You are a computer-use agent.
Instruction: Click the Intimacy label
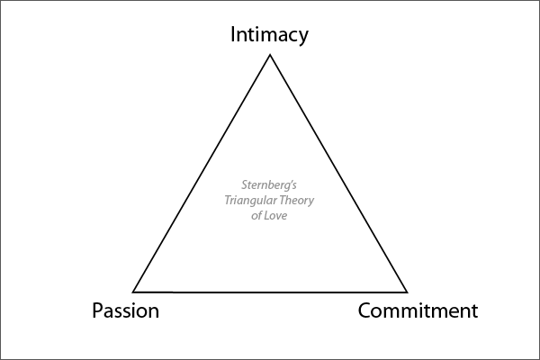coord(269,35)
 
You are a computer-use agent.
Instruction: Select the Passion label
coord(125,311)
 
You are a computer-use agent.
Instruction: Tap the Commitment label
coord(418,311)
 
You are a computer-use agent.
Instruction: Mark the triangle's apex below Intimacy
coord(270,56)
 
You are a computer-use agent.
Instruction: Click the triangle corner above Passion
coord(134,291)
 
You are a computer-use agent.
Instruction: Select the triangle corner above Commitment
coord(407,292)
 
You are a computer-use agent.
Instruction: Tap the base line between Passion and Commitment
coord(270,292)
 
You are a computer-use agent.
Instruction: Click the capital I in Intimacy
coord(233,34)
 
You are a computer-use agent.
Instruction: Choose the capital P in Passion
coord(97,311)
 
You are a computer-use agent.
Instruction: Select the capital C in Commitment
coord(365,311)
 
